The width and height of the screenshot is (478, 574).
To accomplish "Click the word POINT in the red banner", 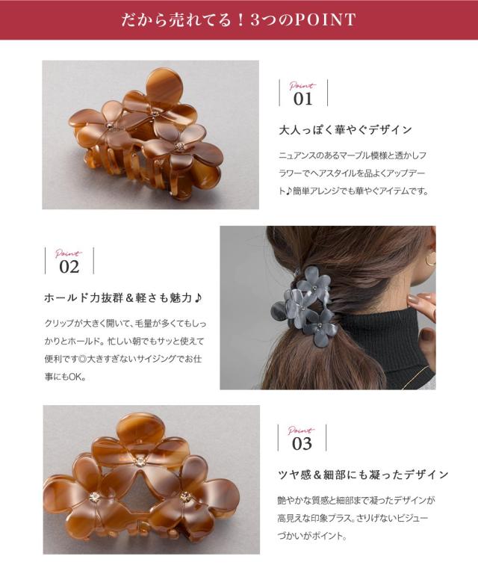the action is (x=325, y=19).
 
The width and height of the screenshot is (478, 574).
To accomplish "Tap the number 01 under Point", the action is (x=302, y=99).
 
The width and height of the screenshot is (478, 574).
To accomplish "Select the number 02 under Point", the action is (x=69, y=267).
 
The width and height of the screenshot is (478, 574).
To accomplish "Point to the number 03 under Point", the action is (x=302, y=444).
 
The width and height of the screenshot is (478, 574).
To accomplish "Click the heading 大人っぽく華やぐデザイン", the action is (x=345, y=130).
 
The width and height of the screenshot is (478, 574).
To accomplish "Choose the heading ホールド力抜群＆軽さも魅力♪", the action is (x=122, y=298).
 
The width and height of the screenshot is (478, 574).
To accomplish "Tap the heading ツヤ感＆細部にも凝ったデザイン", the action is (x=363, y=475).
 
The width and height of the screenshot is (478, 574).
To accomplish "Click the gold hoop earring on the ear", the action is (x=431, y=260).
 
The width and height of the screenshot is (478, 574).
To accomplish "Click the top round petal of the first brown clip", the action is (x=164, y=84).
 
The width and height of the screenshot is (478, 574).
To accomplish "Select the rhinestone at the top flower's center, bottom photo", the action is (x=140, y=461).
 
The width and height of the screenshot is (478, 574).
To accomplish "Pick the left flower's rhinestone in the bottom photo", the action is (x=94, y=497).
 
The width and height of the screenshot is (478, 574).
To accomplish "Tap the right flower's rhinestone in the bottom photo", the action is (x=186, y=496).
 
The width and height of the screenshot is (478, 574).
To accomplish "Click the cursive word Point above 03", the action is (x=301, y=430).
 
